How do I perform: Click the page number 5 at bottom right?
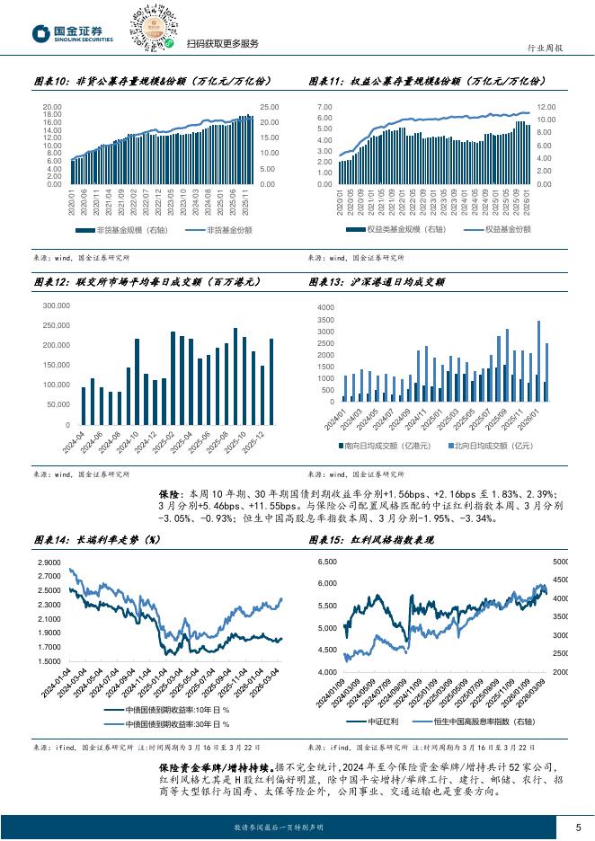[578, 827]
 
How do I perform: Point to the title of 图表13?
[377, 281]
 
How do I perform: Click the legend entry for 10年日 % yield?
[167, 711]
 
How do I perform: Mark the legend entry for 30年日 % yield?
[167, 723]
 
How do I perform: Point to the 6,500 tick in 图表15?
[324, 562]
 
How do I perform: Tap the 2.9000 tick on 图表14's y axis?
[49, 562]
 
